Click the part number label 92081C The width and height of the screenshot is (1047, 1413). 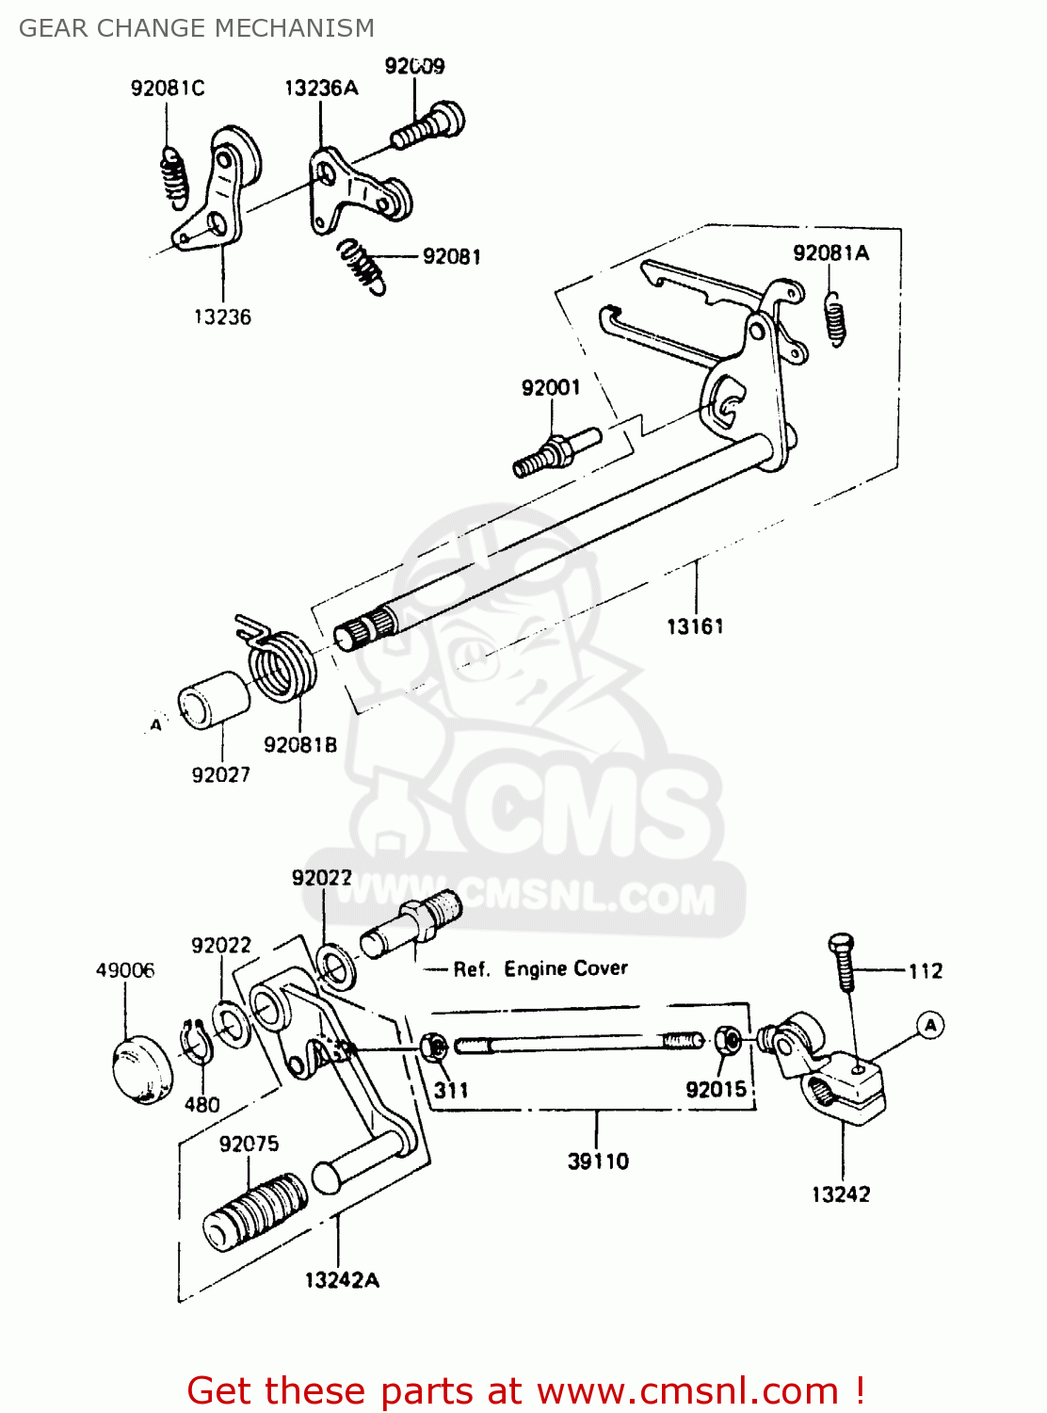pyautogui.click(x=168, y=89)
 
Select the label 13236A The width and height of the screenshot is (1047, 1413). pyautogui.click(x=321, y=89)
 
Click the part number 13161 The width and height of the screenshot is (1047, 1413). pyautogui.click(x=695, y=626)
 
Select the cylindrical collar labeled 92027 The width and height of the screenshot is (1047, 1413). pyautogui.click(x=214, y=699)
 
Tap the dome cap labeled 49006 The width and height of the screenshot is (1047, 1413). pyautogui.click(x=143, y=1068)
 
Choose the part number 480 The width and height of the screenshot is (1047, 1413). pyautogui.click(x=201, y=1105)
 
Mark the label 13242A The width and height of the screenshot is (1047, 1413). pyautogui.click(x=342, y=1280)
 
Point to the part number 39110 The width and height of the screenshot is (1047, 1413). pyautogui.click(x=598, y=1161)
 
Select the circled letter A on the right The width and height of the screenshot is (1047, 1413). pyautogui.click(x=930, y=1025)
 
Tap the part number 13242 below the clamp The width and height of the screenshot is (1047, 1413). pyautogui.click(x=841, y=1194)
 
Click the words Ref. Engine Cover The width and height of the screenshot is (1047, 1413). pyautogui.click(x=540, y=969)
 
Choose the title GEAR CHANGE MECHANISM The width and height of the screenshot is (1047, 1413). pyautogui.click(x=197, y=28)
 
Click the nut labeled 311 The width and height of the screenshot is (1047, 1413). pyautogui.click(x=434, y=1046)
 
